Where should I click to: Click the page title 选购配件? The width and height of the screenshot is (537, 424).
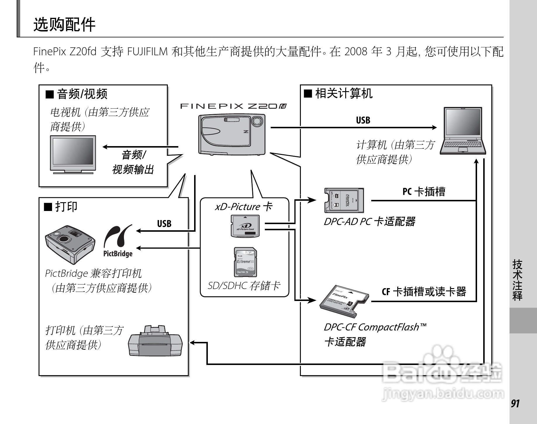(x=64, y=25)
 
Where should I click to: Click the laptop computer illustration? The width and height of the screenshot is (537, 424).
(x=463, y=131)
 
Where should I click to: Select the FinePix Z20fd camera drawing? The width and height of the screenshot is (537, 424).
(x=232, y=134)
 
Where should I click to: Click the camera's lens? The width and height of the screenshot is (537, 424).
(x=257, y=120)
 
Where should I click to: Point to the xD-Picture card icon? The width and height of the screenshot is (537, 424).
(x=245, y=226)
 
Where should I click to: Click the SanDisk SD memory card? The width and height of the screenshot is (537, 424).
(x=246, y=262)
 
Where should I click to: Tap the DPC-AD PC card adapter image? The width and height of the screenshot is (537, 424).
(x=344, y=200)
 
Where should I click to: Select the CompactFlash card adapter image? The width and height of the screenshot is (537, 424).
(x=344, y=301)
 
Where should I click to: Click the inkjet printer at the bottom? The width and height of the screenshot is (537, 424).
(x=155, y=341)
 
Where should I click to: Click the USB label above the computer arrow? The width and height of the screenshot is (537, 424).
(x=363, y=120)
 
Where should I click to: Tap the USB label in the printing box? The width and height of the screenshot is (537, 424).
(x=164, y=224)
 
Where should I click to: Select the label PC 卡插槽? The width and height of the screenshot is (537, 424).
(x=424, y=192)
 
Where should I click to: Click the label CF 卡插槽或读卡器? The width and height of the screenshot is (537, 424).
(x=424, y=291)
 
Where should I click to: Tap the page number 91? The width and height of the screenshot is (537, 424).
(x=515, y=404)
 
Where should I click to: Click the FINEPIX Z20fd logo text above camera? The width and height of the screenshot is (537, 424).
(x=233, y=106)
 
